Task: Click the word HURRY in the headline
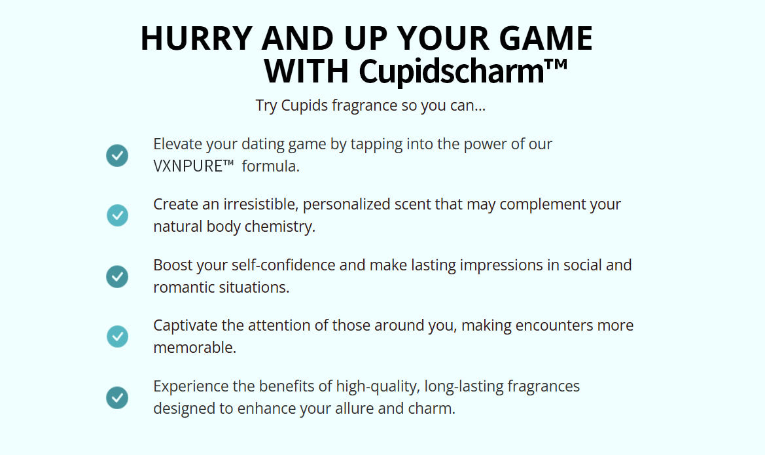click(x=196, y=38)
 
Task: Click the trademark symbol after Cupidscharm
click(x=556, y=64)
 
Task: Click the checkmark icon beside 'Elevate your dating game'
click(x=117, y=156)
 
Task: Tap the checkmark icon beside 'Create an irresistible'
click(x=117, y=215)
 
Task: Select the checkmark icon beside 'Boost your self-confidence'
click(x=117, y=277)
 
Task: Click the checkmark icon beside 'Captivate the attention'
click(x=117, y=337)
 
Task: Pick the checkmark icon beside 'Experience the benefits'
click(x=117, y=398)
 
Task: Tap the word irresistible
click(x=260, y=204)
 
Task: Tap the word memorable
click(x=194, y=348)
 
